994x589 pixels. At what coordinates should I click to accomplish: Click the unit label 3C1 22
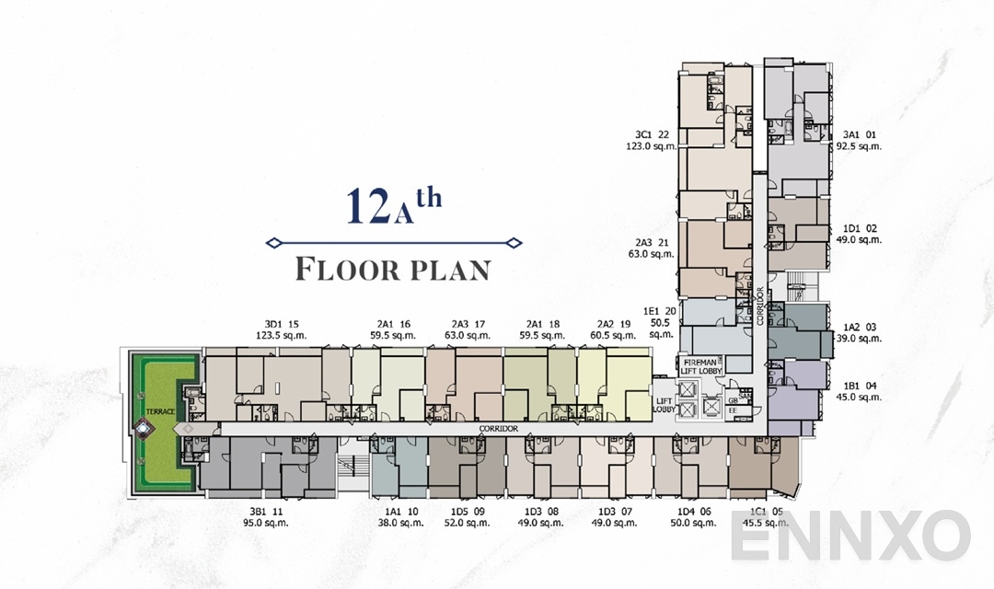(x=651, y=134)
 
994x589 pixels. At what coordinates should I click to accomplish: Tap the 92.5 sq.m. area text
(x=859, y=146)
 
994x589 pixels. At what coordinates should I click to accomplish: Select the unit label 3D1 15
(x=282, y=324)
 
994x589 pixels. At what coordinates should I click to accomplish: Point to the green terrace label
(x=159, y=411)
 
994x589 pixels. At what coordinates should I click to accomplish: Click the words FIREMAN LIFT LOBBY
(x=703, y=364)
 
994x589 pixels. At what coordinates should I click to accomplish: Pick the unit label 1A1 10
(x=401, y=512)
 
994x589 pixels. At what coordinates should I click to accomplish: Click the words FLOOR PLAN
(x=393, y=270)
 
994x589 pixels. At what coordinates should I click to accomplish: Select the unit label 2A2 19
(x=612, y=324)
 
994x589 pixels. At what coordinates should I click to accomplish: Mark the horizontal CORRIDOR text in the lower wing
(x=500, y=430)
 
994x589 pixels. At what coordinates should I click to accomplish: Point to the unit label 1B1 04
(x=859, y=387)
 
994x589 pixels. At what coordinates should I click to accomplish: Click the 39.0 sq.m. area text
(x=859, y=339)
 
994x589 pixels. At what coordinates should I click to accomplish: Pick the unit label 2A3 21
(x=651, y=242)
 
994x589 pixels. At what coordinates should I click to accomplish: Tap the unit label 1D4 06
(x=693, y=512)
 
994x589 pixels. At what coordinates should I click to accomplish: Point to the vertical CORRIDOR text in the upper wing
(x=760, y=307)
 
